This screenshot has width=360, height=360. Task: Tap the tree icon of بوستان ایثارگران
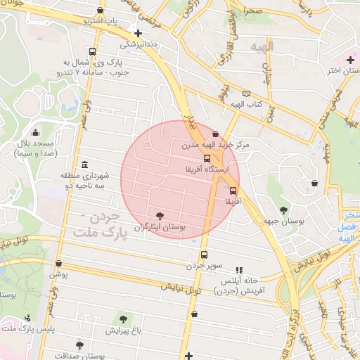point(160,215)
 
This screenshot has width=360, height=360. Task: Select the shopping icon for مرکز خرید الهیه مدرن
point(214,134)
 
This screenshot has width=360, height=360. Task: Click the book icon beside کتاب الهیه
point(245,94)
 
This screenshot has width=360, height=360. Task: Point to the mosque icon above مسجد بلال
point(35,132)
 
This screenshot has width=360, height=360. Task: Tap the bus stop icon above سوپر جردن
point(204,255)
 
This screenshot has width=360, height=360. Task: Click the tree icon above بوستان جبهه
point(283,210)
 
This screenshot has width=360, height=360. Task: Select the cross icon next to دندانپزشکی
point(138,33)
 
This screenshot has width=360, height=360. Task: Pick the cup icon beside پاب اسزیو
point(103,11)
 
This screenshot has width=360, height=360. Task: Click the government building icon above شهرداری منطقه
point(84,164)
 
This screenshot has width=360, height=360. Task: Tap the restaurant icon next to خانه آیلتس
point(239,269)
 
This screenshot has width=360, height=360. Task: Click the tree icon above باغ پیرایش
point(124,320)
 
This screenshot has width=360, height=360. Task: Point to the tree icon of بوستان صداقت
point(79,345)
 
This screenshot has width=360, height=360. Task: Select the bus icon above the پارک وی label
point(93,51)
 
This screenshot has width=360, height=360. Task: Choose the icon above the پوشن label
point(58,264)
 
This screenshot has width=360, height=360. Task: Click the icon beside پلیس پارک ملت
point(27,318)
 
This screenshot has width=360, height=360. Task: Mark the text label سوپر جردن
point(204,266)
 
